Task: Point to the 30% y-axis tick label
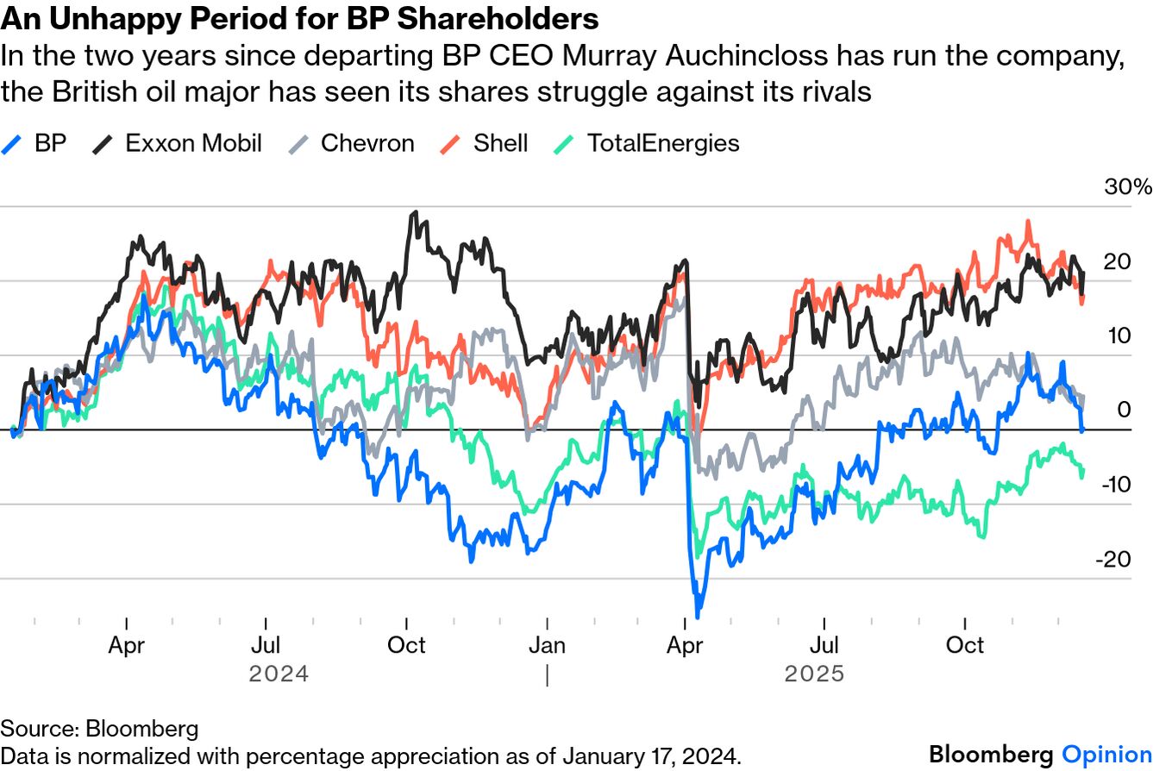1128,188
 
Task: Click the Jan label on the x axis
547,645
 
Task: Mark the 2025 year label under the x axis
814,673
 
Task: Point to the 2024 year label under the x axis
278,673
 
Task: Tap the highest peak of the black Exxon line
416,212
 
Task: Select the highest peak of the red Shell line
1028,221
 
